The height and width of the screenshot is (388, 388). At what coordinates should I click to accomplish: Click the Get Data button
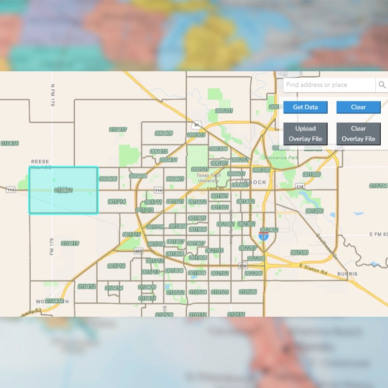click(x=305, y=107)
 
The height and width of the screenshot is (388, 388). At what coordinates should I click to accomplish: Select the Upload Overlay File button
click(x=305, y=134)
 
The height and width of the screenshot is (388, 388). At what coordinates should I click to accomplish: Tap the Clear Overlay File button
click(x=358, y=134)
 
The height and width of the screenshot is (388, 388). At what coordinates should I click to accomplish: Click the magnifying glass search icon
click(x=382, y=85)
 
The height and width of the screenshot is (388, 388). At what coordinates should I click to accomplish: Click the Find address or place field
click(x=329, y=85)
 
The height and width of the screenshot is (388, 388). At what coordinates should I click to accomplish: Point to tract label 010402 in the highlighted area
click(x=64, y=190)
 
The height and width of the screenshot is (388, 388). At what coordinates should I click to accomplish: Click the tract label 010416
click(x=10, y=143)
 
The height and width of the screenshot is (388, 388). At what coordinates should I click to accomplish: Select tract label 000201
click(x=224, y=111)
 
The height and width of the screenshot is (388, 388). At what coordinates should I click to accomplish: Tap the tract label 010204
click(x=378, y=186)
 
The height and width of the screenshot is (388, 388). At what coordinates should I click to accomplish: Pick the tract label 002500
click(x=299, y=253)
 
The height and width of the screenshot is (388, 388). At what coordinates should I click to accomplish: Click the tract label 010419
click(x=70, y=243)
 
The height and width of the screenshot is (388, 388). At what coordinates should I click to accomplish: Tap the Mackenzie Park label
click(x=281, y=158)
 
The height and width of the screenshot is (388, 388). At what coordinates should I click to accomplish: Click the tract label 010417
click(x=118, y=129)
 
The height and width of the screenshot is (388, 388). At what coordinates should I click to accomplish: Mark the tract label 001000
click(x=311, y=174)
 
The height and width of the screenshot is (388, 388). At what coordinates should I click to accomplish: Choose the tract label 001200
click(x=314, y=211)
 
